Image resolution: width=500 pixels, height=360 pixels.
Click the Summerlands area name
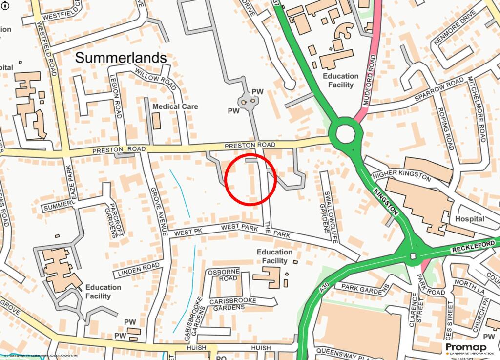point(121,58)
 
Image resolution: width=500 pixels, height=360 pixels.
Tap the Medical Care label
point(175,106)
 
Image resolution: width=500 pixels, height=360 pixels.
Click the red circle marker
point(251,179)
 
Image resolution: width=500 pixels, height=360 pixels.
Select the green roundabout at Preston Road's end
point(345,132)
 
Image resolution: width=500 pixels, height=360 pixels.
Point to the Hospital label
point(470,219)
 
